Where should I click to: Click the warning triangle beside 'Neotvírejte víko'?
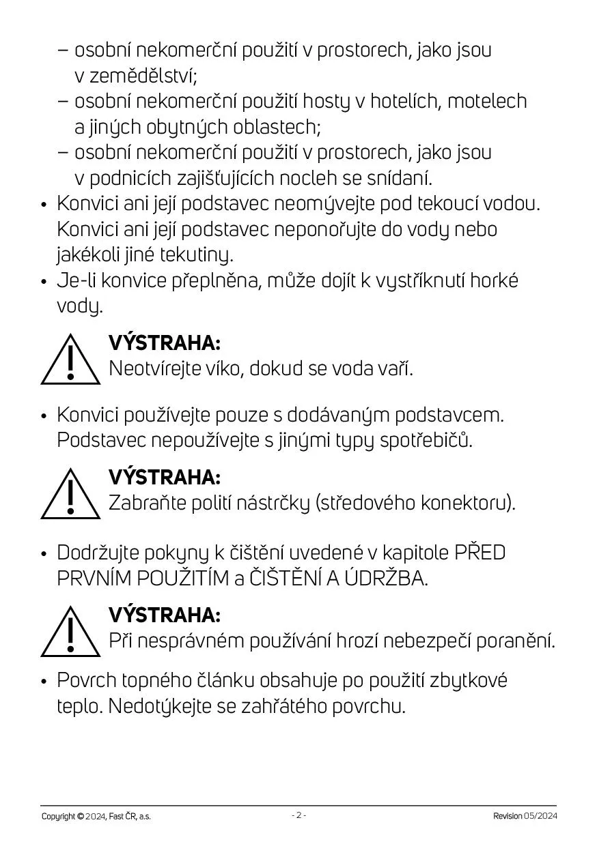tap(70, 360)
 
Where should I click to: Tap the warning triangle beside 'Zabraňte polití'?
tap(70, 494)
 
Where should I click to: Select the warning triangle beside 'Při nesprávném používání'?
tap(70, 632)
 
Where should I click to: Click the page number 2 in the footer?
tap(298, 815)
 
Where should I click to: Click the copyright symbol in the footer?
tap(81, 816)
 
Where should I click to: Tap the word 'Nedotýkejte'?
tap(161, 706)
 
